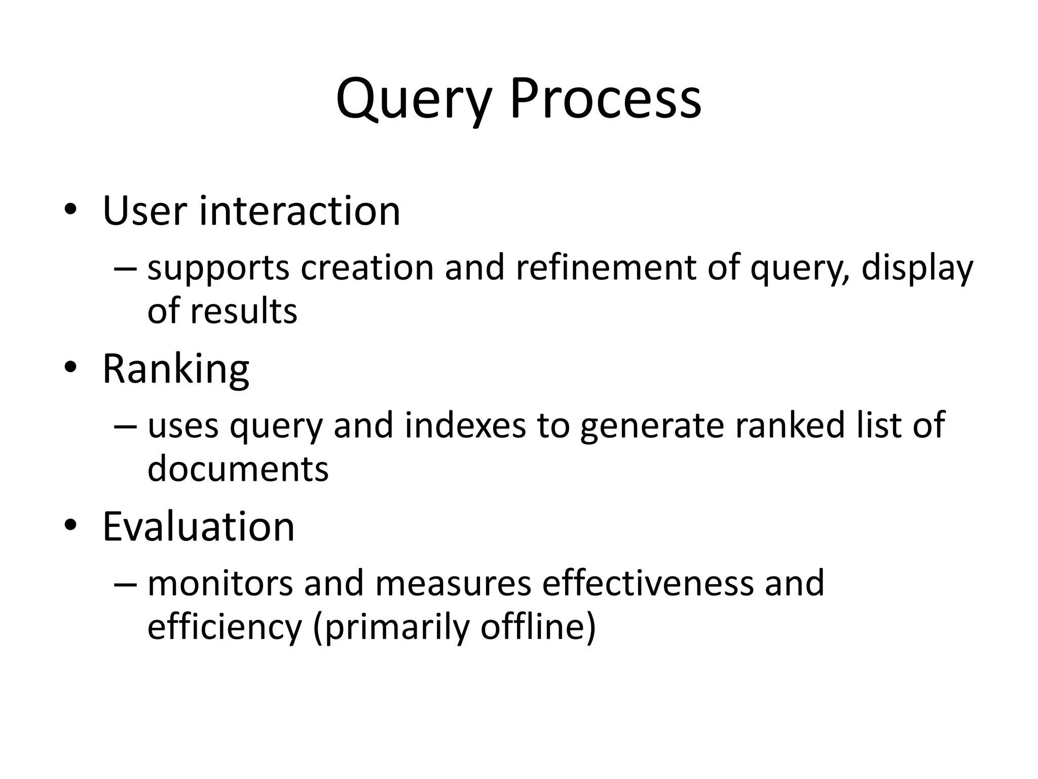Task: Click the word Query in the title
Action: [414, 99]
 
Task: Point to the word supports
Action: [218, 269]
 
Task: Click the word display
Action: [917, 269]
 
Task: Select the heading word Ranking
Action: [176, 369]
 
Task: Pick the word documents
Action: [238, 468]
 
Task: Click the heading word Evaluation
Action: [199, 526]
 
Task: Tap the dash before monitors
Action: [125, 584]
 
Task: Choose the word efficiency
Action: [225, 627]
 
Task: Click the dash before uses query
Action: [125, 426]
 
